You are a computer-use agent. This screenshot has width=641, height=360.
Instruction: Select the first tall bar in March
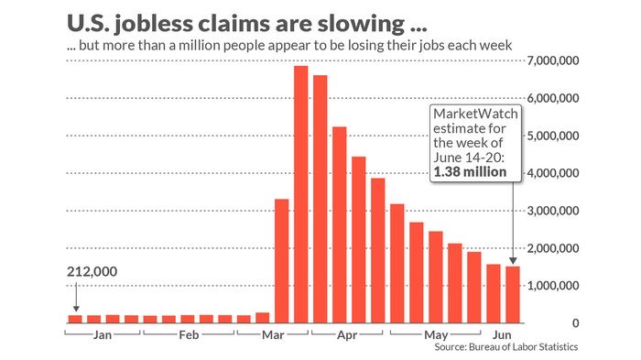281,261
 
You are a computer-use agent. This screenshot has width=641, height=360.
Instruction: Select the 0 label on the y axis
575,323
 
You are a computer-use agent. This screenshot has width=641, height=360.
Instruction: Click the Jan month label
103,335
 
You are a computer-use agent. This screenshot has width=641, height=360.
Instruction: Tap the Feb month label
189,335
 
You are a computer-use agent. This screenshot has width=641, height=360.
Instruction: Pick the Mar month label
273,335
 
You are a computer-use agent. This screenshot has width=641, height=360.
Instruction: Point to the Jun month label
503,335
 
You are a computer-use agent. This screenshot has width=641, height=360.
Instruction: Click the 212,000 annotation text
93,272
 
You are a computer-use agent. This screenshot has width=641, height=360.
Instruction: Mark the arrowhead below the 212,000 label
75,309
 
